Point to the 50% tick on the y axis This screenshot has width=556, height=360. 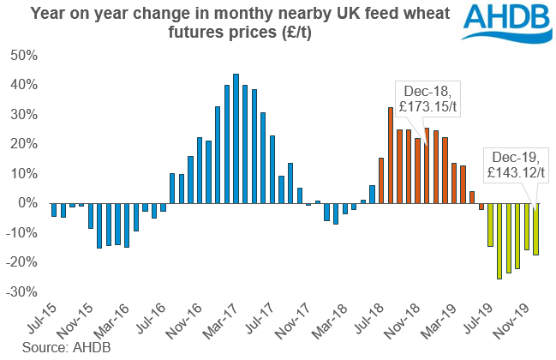[22, 55]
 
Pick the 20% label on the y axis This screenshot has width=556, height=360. [22, 144]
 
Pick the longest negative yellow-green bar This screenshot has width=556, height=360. [499, 241]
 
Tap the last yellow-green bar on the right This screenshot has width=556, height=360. [535, 229]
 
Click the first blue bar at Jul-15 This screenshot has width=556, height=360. [54, 210]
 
